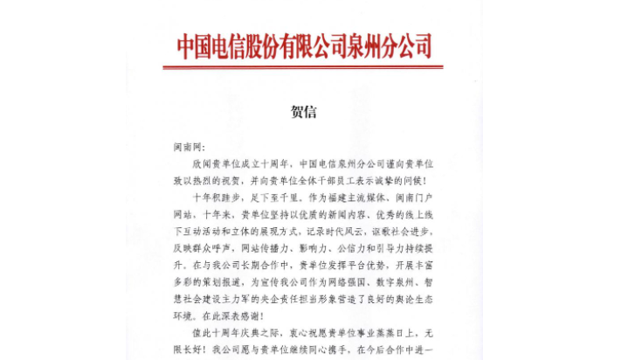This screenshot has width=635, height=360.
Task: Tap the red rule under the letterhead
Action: [x=302, y=66]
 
